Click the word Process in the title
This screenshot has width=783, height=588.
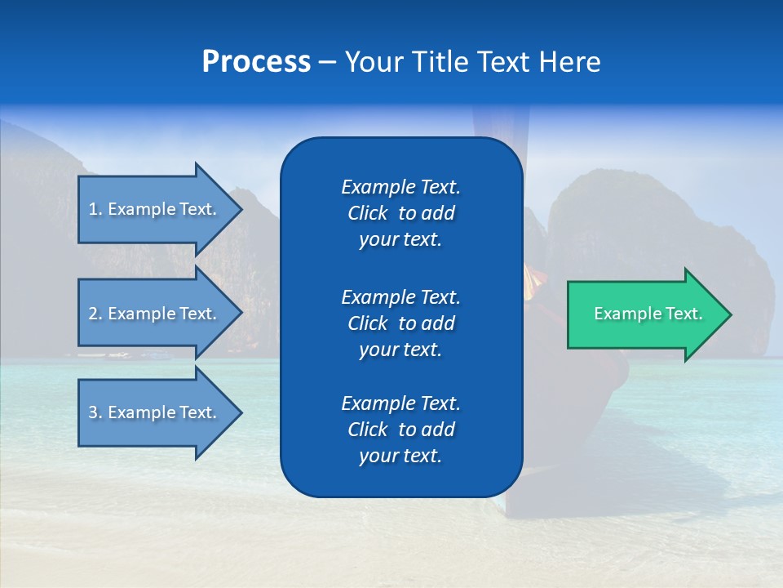tap(256, 62)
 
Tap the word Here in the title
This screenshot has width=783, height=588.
tap(570, 62)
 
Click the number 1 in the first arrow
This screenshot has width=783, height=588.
tap(93, 209)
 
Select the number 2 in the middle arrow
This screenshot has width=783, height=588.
tap(93, 314)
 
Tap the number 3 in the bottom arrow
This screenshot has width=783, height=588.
tap(93, 412)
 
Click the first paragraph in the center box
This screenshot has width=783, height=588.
tap(400, 213)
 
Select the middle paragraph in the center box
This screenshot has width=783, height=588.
tap(400, 323)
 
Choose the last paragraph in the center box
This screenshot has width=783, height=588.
tap(400, 430)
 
